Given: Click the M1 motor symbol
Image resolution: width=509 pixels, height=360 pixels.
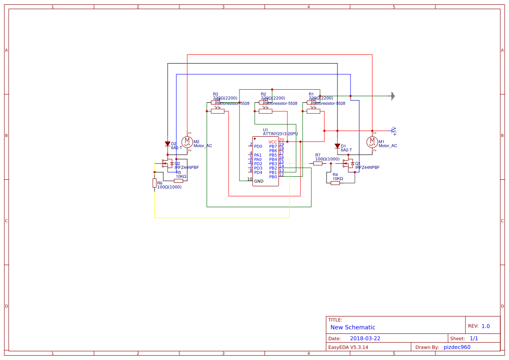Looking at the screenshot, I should pos(372,141).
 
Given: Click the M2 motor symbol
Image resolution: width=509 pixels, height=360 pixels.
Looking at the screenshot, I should pos(187,141).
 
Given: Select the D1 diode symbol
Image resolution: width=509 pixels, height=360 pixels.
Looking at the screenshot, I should pos(337,146).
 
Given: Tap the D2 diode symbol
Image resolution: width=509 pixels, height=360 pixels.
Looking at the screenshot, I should pos(168,144).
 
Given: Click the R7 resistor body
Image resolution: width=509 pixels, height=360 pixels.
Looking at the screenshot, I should pos(319,164).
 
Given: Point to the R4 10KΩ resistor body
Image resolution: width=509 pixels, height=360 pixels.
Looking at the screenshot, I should pos(335,183).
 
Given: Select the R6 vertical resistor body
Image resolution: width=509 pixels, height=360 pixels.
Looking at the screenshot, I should pos(155,183).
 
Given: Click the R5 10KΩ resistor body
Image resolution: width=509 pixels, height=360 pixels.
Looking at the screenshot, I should pos(179,181).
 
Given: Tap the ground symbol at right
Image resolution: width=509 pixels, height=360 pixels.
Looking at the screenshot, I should pos(393,96).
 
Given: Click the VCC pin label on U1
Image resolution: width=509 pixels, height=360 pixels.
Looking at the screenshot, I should pos(273,142).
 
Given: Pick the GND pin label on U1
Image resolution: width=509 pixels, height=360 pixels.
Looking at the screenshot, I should pos(259,181).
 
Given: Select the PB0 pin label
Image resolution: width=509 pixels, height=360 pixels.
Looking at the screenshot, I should pos(273,177).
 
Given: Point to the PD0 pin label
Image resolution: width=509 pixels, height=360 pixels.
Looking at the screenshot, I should pos(258,146).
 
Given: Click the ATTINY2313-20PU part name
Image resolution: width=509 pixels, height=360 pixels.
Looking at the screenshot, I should pos(280,134).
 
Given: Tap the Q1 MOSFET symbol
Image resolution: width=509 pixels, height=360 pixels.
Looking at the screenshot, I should pos(348,164).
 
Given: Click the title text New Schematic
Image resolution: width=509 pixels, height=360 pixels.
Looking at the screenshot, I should pos(353,327).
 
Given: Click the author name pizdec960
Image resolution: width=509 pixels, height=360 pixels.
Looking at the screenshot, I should pos(457,347).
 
